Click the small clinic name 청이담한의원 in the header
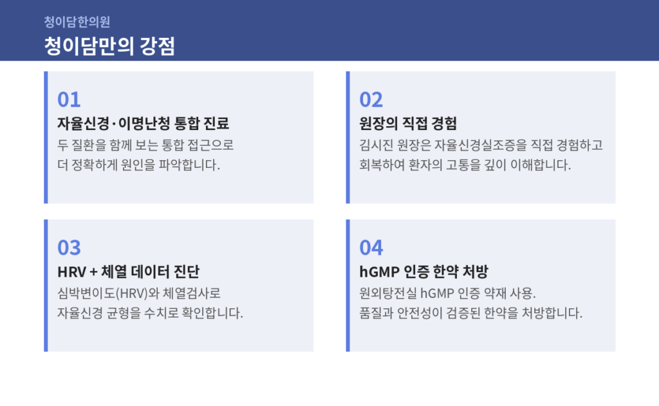tap(77, 22)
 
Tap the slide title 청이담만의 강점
tap(109, 46)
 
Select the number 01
tap(69, 100)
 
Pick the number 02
tap(371, 100)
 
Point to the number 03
tap(69, 248)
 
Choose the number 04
tap(371, 248)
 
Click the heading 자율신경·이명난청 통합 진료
tap(144, 124)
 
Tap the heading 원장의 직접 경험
tap(408, 124)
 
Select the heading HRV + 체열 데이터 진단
tap(128, 272)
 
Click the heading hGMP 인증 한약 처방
tap(423, 272)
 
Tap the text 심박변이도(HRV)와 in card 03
tap(108, 293)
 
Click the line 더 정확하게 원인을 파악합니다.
tap(139, 165)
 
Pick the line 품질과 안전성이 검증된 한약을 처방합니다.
tap(470, 313)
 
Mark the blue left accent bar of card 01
tap(46, 138)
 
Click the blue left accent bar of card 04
tap(348, 286)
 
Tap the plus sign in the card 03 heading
tap(93, 272)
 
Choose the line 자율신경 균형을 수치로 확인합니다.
tap(150, 313)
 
